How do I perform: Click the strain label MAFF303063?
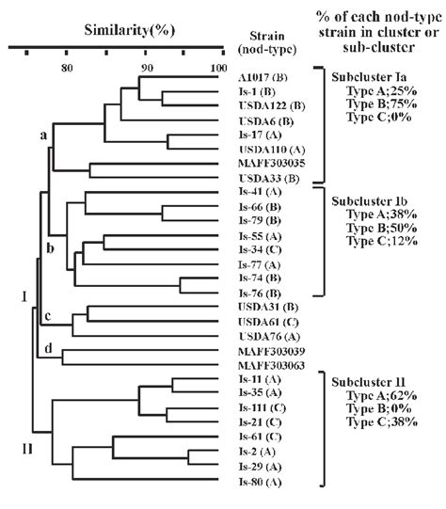tap(272, 365)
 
